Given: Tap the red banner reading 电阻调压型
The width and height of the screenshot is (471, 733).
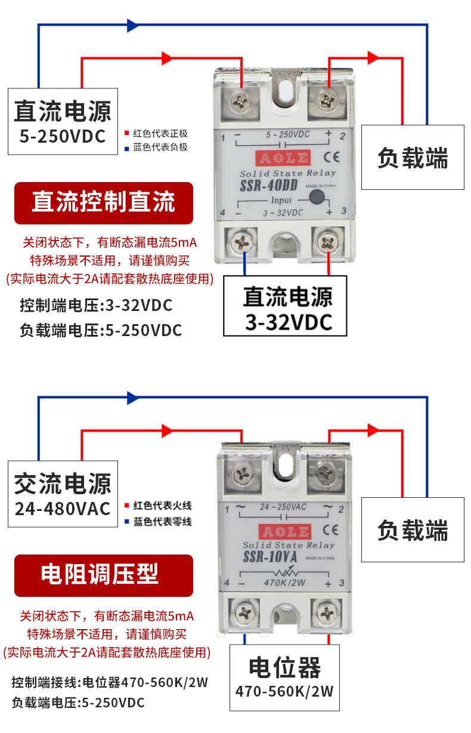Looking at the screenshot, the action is [104, 575].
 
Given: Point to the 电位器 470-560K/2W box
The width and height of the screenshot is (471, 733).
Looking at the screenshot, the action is [285, 678].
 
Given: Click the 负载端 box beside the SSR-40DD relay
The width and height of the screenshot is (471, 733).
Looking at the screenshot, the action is [413, 158].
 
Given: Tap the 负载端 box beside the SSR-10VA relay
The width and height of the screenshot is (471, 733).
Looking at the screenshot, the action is [413, 529].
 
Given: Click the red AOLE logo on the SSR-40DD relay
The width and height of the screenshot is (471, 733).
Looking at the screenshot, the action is [283, 158].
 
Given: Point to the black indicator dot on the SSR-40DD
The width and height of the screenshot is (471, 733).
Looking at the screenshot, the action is [318, 199].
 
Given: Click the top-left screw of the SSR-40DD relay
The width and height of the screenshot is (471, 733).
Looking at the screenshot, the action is [241, 99].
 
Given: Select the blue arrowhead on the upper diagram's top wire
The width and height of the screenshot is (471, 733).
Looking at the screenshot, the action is [133, 25].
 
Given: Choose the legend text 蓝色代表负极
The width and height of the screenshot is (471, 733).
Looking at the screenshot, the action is [160, 147].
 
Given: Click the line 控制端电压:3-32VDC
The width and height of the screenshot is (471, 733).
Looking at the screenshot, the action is [96, 306].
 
